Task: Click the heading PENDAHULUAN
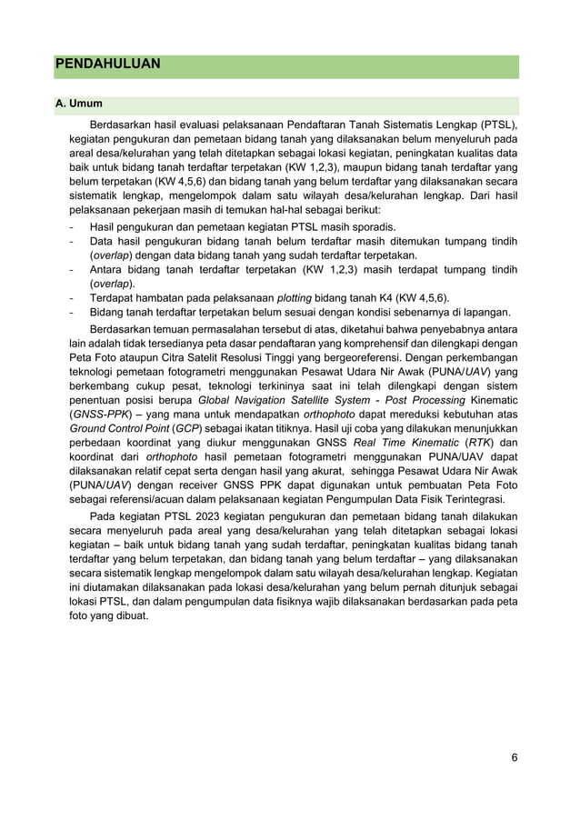pyautogui.click(x=108, y=65)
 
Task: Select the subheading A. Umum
pyautogui.click(x=79, y=105)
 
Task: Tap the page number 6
pyautogui.click(x=514, y=758)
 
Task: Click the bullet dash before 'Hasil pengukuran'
pyautogui.click(x=73, y=226)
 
